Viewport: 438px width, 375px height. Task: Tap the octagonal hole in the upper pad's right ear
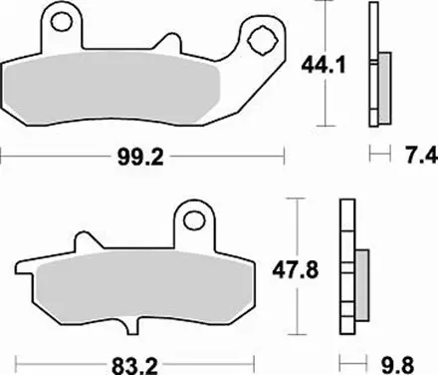point(263,43)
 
